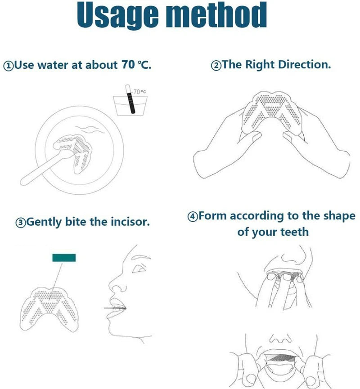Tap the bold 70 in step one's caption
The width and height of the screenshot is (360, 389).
(127, 65)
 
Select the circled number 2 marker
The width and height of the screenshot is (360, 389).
(216, 66)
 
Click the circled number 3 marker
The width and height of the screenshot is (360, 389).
(21, 223)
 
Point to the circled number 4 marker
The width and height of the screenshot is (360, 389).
(193, 217)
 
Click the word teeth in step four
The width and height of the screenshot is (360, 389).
(294, 232)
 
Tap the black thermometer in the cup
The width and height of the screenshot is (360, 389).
(131, 101)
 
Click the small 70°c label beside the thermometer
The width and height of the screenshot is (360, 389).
(139, 92)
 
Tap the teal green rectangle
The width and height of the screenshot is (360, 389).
(64, 258)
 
